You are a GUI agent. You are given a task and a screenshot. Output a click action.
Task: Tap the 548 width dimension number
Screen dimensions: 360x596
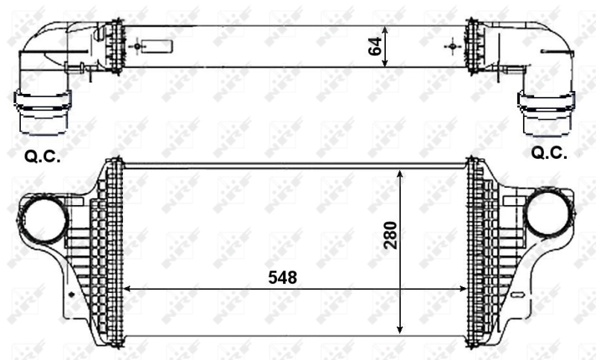(282, 277)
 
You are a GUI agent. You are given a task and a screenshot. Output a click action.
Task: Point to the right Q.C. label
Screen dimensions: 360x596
(549, 153)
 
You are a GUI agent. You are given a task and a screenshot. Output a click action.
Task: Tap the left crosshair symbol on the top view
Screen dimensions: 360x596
(136, 46)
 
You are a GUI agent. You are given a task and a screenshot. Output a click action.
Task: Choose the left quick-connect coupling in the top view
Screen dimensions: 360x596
(42, 113)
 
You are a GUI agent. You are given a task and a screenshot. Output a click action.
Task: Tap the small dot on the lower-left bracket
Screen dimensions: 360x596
(72, 294)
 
